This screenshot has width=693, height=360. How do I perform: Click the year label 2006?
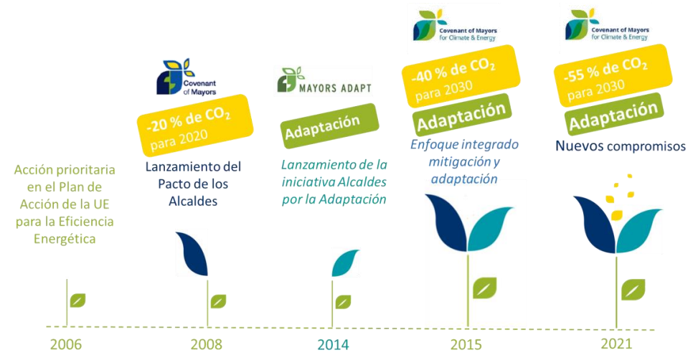click(66, 344)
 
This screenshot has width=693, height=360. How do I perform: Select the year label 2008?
click(207, 344)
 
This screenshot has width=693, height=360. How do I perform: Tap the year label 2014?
click(334, 344)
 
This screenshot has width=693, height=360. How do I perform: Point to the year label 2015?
click(466, 344)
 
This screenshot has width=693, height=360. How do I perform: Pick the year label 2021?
click(616, 344)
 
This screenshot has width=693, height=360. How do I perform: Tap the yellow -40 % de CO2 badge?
click(460, 76)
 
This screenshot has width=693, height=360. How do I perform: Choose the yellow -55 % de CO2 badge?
click(613, 75)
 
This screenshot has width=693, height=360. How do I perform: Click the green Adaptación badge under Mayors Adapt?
click(330, 126)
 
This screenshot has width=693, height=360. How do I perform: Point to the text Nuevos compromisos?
click(621, 146)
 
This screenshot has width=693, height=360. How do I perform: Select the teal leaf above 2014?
click(345, 262)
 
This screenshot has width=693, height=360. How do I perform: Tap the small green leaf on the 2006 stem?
click(77, 300)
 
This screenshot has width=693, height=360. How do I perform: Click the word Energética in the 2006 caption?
click(65, 239)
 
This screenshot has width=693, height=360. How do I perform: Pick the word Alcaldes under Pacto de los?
click(193, 202)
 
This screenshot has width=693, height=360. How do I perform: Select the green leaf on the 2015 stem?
click(484, 288)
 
